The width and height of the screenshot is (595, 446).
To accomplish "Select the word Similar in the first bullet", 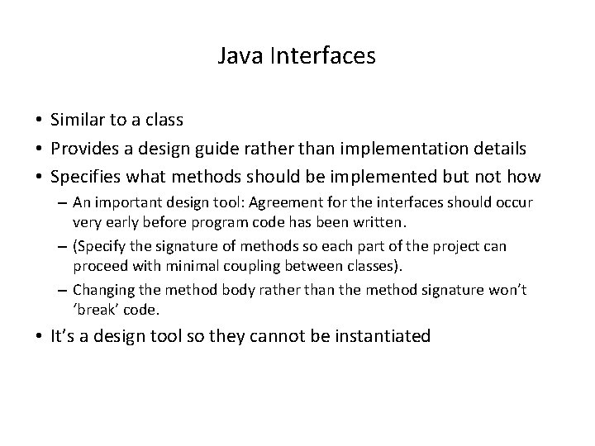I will coord(77,120).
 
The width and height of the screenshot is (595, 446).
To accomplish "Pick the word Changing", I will coord(100,290).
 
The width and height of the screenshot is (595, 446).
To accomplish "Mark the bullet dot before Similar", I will coord(40,121).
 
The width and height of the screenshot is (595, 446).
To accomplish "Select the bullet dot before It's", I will coord(40,337).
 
